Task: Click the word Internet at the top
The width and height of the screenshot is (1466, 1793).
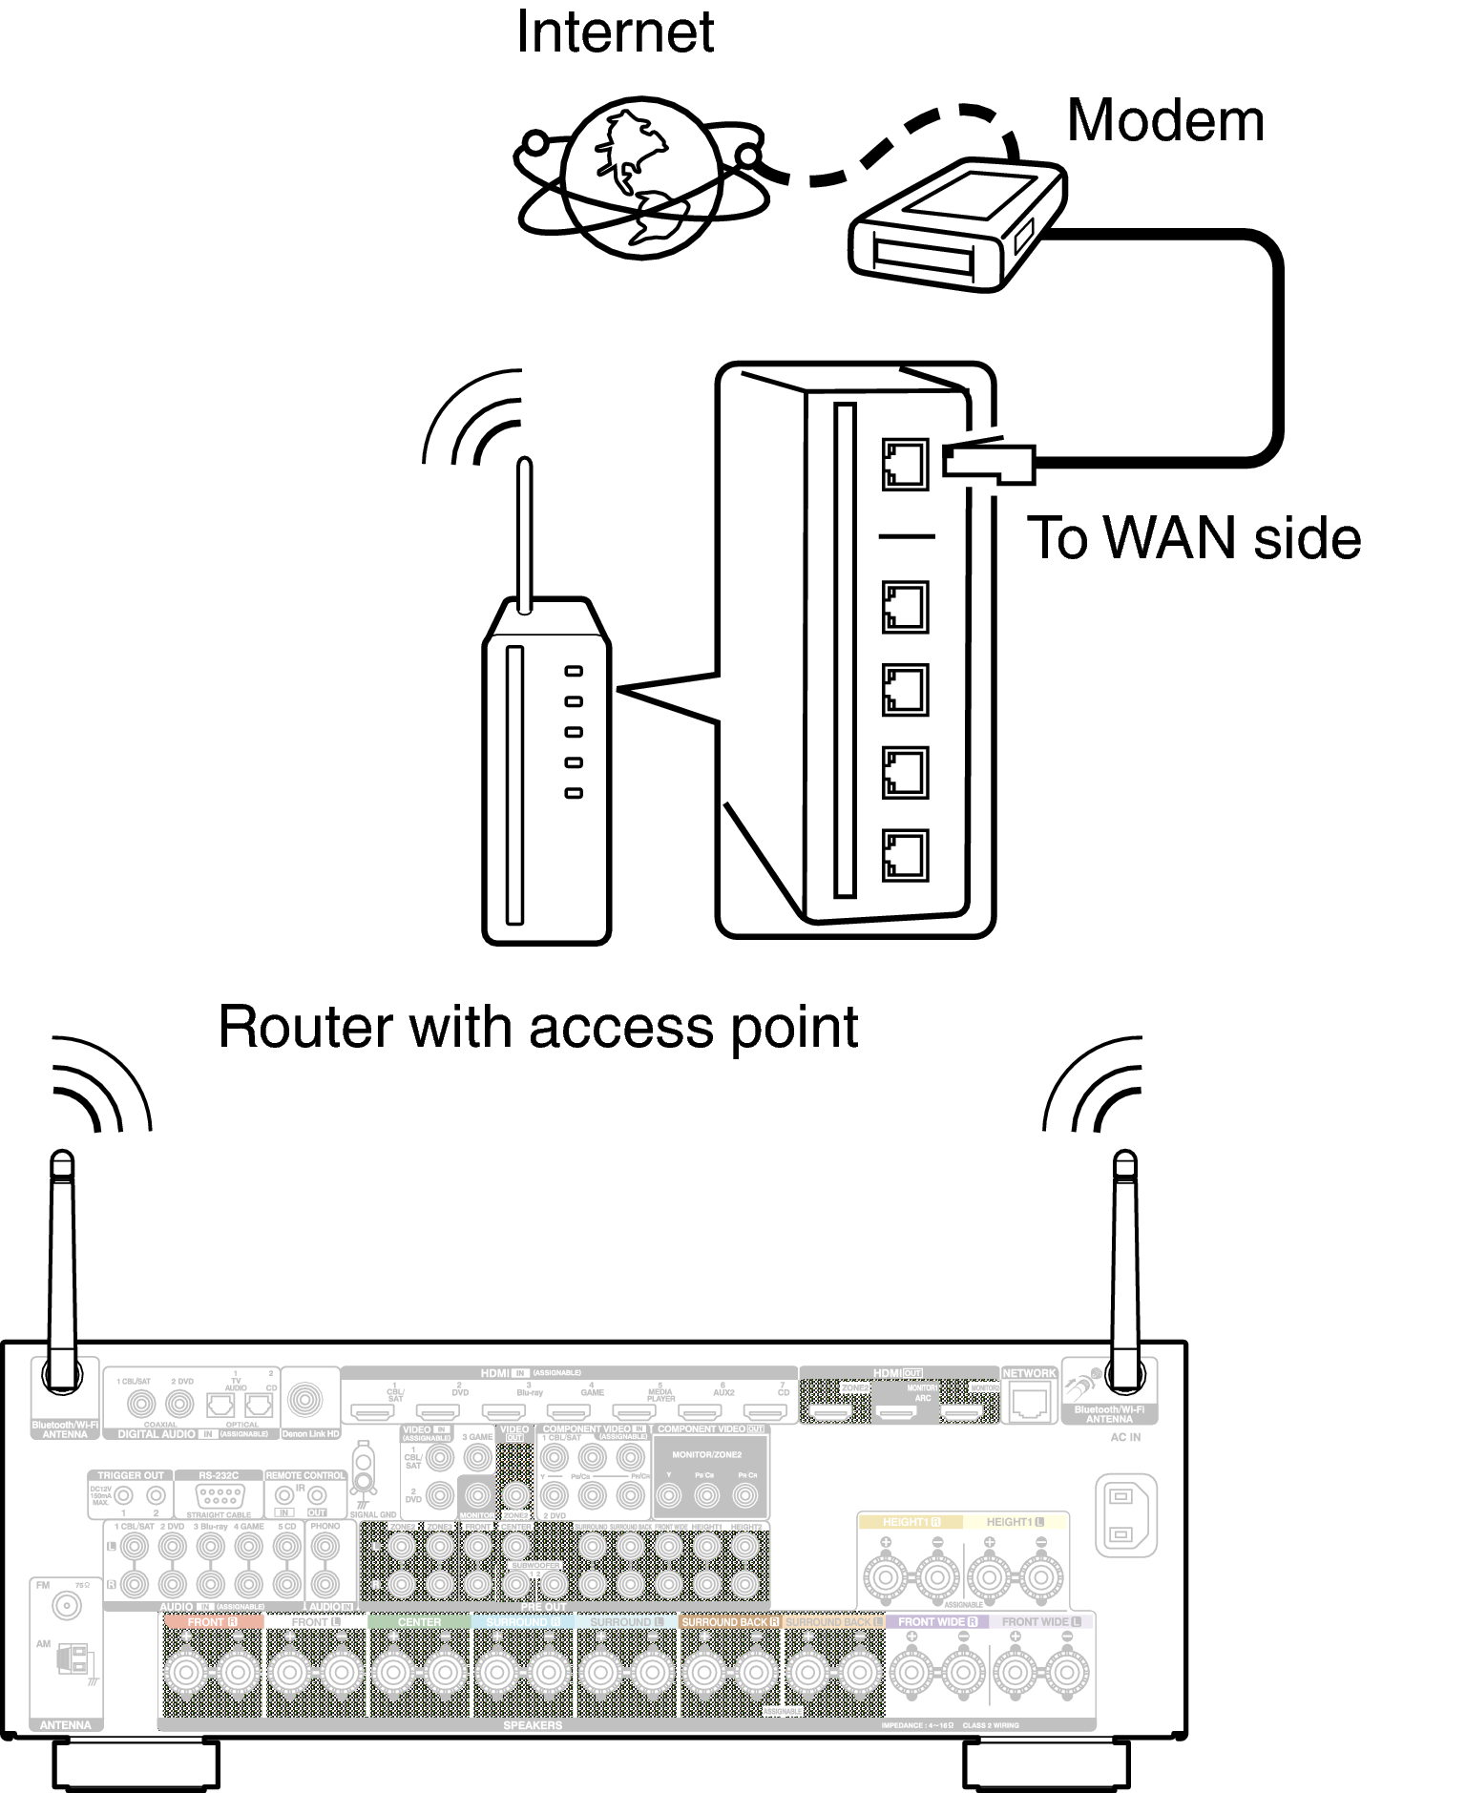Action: tap(615, 33)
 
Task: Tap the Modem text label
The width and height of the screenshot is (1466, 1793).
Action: tap(1164, 121)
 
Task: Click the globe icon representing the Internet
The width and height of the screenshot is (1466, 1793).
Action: tap(640, 178)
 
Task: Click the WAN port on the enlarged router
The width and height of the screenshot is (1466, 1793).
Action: tap(905, 465)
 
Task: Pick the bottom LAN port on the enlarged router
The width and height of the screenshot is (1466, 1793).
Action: tap(905, 855)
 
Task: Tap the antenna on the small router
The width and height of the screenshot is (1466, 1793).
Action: tap(524, 534)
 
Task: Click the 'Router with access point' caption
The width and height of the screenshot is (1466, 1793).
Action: tap(538, 1028)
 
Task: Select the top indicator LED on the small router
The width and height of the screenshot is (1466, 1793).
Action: tap(574, 671)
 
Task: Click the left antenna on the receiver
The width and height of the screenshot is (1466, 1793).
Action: tap(62, 1269)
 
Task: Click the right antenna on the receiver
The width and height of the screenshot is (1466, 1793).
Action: tap(1125, 1269)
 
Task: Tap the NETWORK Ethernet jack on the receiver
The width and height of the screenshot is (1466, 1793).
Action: tap(1029, 1402)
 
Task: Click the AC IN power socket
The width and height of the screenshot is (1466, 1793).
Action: tap(1125, 1515)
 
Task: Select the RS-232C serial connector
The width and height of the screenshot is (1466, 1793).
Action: tap(220, 1496)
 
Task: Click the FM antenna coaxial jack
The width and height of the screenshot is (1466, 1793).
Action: tap(67, 1606)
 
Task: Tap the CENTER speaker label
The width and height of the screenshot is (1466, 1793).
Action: tap(419, 1621)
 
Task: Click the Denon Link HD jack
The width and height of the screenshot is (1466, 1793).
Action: tap(305, 1400)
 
